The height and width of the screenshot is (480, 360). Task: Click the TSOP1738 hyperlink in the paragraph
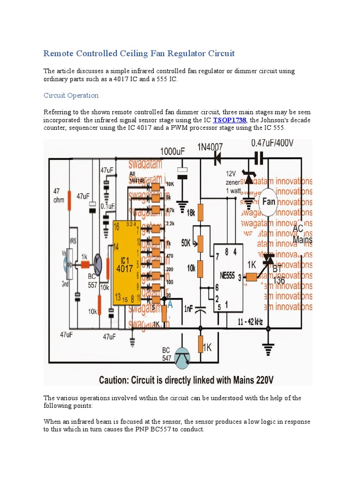[x=230, y=120]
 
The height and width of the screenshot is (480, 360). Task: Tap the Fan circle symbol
[x=269, y=202]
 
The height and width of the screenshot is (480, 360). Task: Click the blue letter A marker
[x=170, y=305]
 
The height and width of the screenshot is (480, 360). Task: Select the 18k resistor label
[x=190, y=212]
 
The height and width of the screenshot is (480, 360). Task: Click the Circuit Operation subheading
[x=71, y=95]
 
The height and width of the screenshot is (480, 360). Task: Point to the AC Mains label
[x=302, y=234]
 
